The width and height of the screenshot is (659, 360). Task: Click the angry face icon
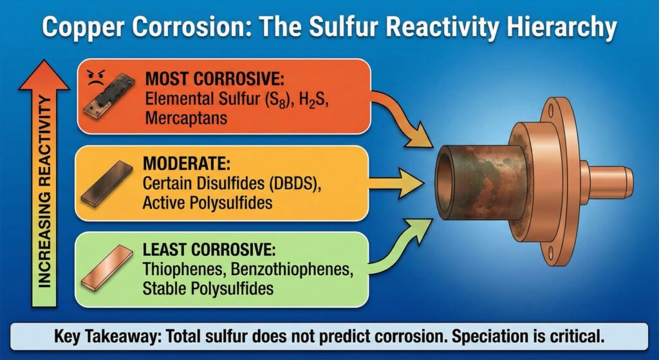[96, 78]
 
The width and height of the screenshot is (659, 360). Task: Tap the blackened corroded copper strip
[109, 96]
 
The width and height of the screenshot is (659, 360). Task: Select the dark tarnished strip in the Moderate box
[107, 183]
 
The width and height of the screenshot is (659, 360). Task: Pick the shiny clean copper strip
[107, 267]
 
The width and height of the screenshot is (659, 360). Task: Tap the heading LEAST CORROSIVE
[209, 249]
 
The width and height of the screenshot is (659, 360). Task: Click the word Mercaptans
[186, 117]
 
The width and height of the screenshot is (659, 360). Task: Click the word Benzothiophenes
[291, 269]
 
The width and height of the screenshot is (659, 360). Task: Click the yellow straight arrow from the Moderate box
[395, 183]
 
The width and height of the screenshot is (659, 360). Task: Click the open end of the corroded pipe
[445, 182]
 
